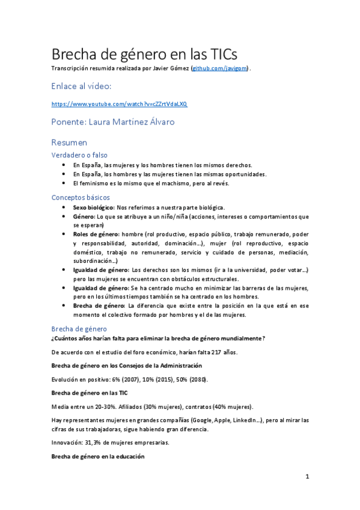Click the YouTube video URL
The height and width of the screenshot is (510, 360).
coord(120,103)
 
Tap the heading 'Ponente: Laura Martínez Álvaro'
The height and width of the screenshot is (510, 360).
coord(114,121)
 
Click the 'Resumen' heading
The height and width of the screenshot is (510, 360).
coord(69,143)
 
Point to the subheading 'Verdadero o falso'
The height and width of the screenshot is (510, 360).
coord(79,155)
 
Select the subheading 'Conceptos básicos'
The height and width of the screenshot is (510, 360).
coord(81,197)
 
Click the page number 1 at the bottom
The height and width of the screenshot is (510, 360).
coord(307,477)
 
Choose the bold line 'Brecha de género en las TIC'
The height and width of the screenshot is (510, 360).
coord(90,392)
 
